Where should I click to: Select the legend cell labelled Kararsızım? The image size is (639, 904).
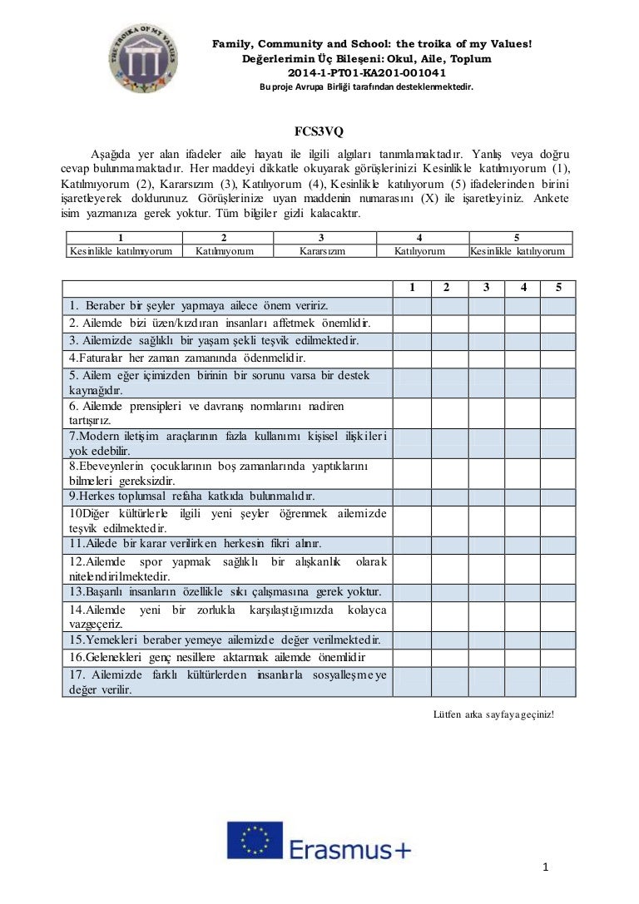point(322,250)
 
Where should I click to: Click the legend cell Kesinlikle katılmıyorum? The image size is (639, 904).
point(121,250)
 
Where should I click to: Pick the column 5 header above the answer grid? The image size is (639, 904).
point(558,288)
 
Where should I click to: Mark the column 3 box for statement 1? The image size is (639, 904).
point(486,306)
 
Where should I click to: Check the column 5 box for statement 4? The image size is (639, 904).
point(558,358)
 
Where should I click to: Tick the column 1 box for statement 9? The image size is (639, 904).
point(412,496)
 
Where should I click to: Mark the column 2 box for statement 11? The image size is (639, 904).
point(448,544)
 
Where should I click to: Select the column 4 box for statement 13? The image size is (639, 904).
point(523,592)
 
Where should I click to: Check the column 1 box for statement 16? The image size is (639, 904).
point(412,657)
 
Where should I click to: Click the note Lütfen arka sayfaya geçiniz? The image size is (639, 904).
point(493,714)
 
